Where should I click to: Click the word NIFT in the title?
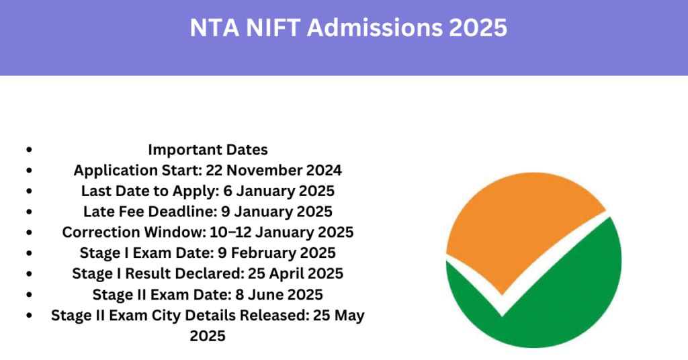coord(273,28)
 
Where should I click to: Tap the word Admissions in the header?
coord(375,28)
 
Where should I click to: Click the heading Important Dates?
coord(208,150)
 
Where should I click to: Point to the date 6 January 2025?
coord(279,191)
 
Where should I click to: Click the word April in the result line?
coord(286,274)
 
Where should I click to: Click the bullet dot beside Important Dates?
coord(30,150)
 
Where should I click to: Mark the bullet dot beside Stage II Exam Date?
coord(30,295)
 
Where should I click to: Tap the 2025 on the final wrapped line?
coord(208,336)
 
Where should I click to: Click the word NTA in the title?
coord(214,28)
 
